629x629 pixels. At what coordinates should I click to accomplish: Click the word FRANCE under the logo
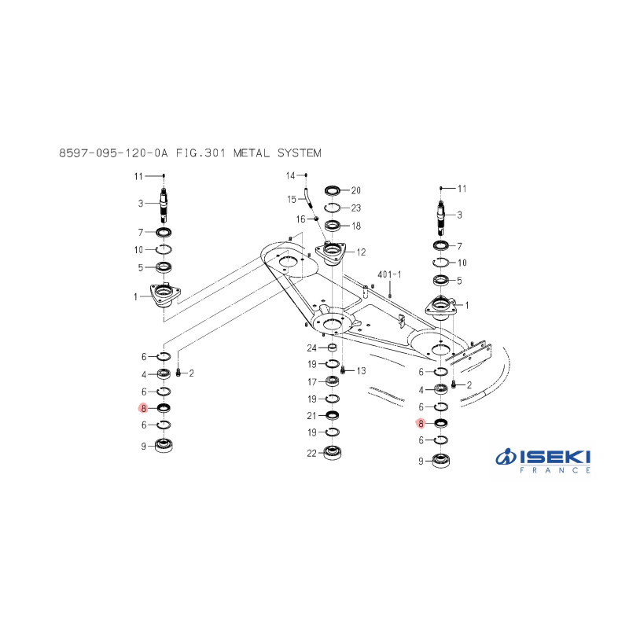(555, 470)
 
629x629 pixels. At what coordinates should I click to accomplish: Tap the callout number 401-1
(389, 274)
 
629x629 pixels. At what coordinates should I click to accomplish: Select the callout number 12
(361, 252)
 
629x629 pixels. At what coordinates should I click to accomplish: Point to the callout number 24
(311, 348)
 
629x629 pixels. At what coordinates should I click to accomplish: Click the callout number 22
(311, 454)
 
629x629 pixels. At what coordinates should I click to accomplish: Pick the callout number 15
(292, 200)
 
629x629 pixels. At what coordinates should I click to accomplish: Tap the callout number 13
(361, 370)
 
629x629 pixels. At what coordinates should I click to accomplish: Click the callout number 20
(356, 190)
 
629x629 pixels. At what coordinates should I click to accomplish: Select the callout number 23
(356, 208)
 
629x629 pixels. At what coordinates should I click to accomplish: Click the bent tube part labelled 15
(308, 198)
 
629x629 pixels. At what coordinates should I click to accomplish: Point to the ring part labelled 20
(332, 190)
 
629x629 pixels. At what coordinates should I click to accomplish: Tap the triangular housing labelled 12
(330, 254)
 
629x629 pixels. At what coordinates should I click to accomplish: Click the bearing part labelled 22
(333, 453)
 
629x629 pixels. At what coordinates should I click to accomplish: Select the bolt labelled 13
(343, 370)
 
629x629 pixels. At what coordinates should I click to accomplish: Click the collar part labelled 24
(332, 347)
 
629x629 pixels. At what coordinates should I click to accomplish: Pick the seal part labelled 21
(332, 415)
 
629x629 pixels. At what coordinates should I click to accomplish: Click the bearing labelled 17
(332, 381)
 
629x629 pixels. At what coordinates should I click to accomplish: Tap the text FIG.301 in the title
(200, 153)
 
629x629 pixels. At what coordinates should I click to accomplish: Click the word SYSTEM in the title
(300, 153)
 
